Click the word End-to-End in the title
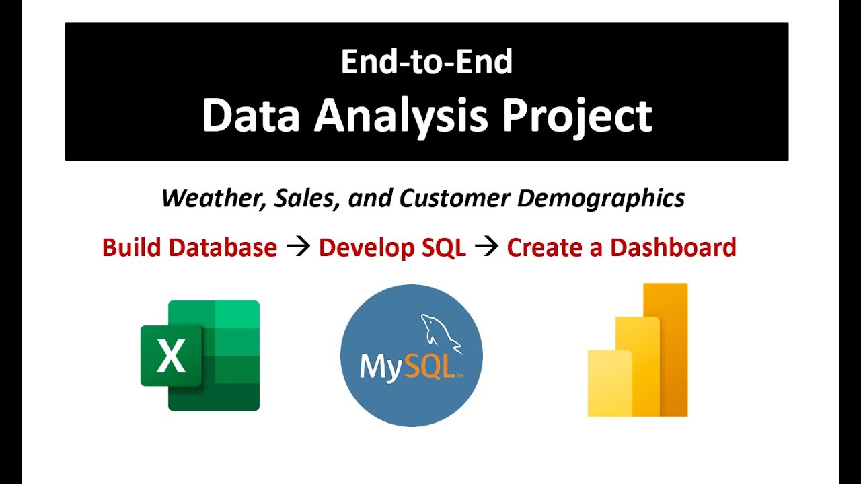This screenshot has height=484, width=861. tap(426, 61)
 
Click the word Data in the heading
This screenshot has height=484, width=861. tap(251, 115)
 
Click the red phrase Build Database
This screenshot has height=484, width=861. tap(190, 247)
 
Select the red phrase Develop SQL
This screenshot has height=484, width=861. tap(392, 248)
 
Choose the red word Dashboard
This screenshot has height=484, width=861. tap(673, 247)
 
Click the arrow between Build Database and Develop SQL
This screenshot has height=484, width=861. tap(298, 247)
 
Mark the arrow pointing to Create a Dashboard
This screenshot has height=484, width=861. tap(486, 247)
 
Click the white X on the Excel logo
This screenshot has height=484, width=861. tap(171, 356)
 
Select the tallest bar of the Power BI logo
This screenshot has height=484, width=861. tap(665, 350)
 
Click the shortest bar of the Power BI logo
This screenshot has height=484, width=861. tap(610, 383)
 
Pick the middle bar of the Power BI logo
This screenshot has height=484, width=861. tap(638, 366)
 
